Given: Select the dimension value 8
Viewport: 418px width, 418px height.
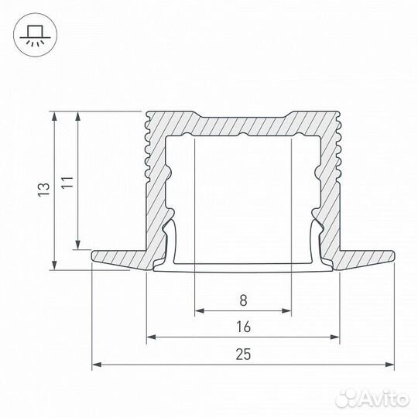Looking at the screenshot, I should click(x=243, y=298).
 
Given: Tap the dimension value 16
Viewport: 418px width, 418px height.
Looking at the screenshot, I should click(x=243, y=327).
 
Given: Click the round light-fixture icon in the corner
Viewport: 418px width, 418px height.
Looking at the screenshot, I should click(x=33, y=33).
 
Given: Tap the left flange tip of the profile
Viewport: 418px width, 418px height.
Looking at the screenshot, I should click(x=94, y=256).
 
